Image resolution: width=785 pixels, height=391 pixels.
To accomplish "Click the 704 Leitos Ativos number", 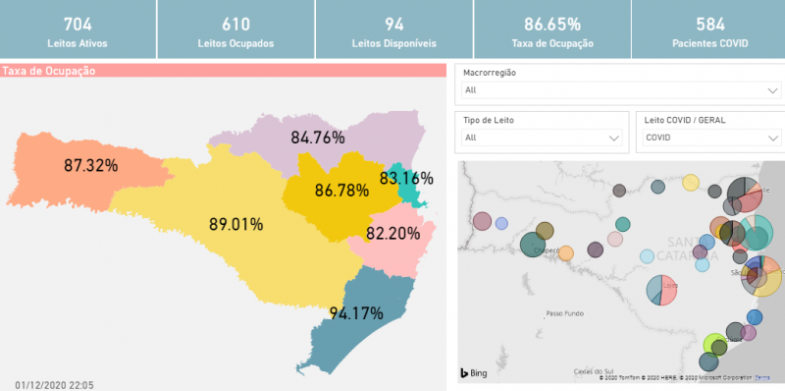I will click(x=78, y=24).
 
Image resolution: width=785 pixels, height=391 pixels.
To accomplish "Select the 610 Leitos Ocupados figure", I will click(x=235, y=24).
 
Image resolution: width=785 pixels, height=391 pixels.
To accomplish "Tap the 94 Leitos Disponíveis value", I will click(x=393, y=24).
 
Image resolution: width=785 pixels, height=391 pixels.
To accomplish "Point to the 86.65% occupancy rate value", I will click(x=551, y=24).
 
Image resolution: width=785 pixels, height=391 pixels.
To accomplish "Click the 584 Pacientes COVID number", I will click(x=709, y=24).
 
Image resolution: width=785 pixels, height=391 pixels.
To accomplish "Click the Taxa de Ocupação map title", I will click(x=48, y=71).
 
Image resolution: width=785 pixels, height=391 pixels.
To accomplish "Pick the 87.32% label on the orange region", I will click(x=90, y=165).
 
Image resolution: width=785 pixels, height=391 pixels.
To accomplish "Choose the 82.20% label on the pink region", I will click(x=392, y=234).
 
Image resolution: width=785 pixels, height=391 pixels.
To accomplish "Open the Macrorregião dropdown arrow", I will click(x=772, y=90).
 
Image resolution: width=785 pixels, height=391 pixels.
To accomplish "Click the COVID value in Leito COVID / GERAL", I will click(x=658, y=139).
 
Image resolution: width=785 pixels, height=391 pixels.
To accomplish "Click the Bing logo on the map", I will click(x=475, y=373).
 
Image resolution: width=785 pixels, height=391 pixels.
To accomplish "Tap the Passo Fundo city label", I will click(x=564, y=313).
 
